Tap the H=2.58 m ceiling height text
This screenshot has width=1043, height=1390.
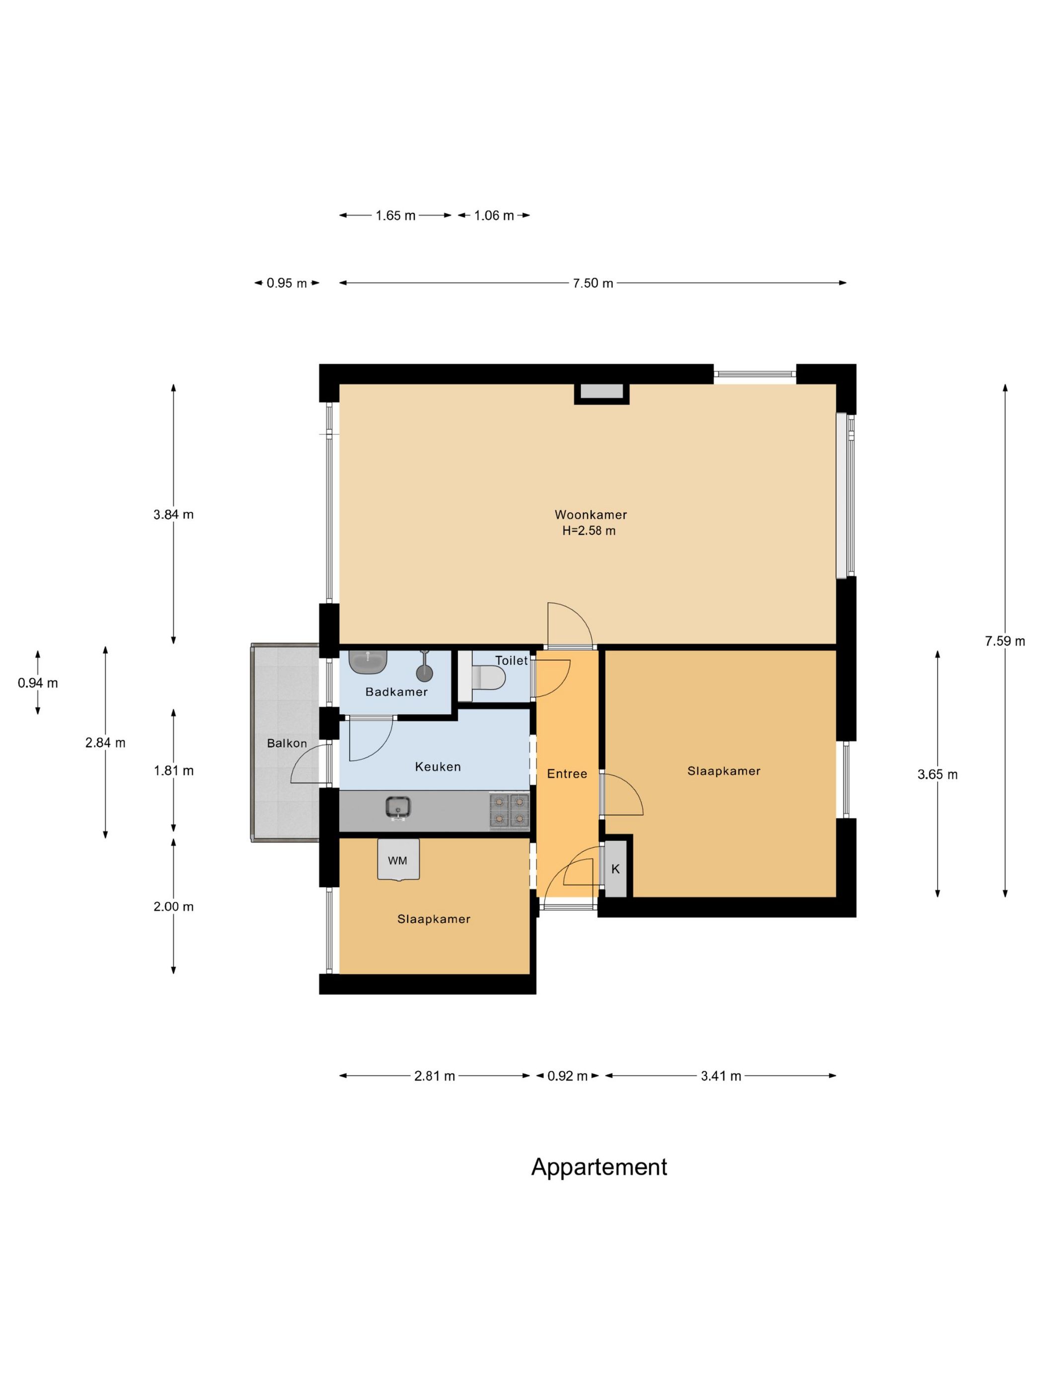(x=589, y=530)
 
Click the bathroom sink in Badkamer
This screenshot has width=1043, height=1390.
(x=368, y=662)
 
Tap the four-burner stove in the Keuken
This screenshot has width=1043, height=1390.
(x=509, y=810)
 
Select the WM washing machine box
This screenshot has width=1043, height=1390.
(x=398, y=860)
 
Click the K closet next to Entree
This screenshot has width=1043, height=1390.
(x=615, y=869)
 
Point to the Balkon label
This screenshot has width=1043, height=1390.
(x=287, y=743)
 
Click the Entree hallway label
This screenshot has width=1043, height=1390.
(x=567, y=774)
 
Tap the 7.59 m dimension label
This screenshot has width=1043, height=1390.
(x=1005, y=641)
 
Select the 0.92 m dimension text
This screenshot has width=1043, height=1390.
(x=568, y=1076)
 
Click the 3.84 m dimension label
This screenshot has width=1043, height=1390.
(x=173, y=515)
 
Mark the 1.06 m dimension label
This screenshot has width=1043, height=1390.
(x=494, y=215)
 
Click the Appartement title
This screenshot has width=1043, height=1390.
(x=599, y=1167)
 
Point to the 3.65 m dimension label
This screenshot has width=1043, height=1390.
(x=937, y=775)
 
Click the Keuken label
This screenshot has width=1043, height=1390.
(x=438, y=766)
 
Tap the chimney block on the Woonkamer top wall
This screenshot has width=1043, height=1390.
(x=601, y=393)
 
